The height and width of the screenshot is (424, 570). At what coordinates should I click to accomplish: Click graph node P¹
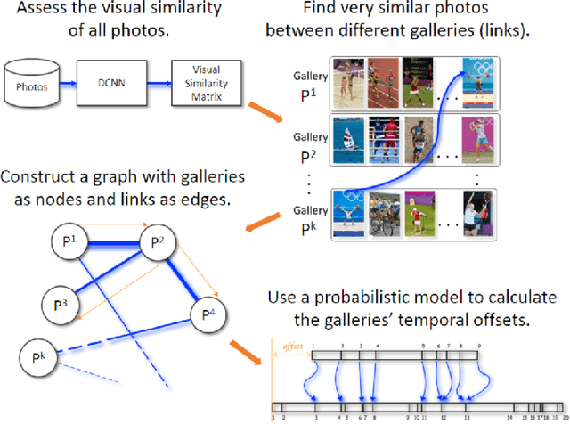tap(84, 241)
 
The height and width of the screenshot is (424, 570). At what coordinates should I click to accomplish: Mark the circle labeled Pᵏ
tap(37, 359)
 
